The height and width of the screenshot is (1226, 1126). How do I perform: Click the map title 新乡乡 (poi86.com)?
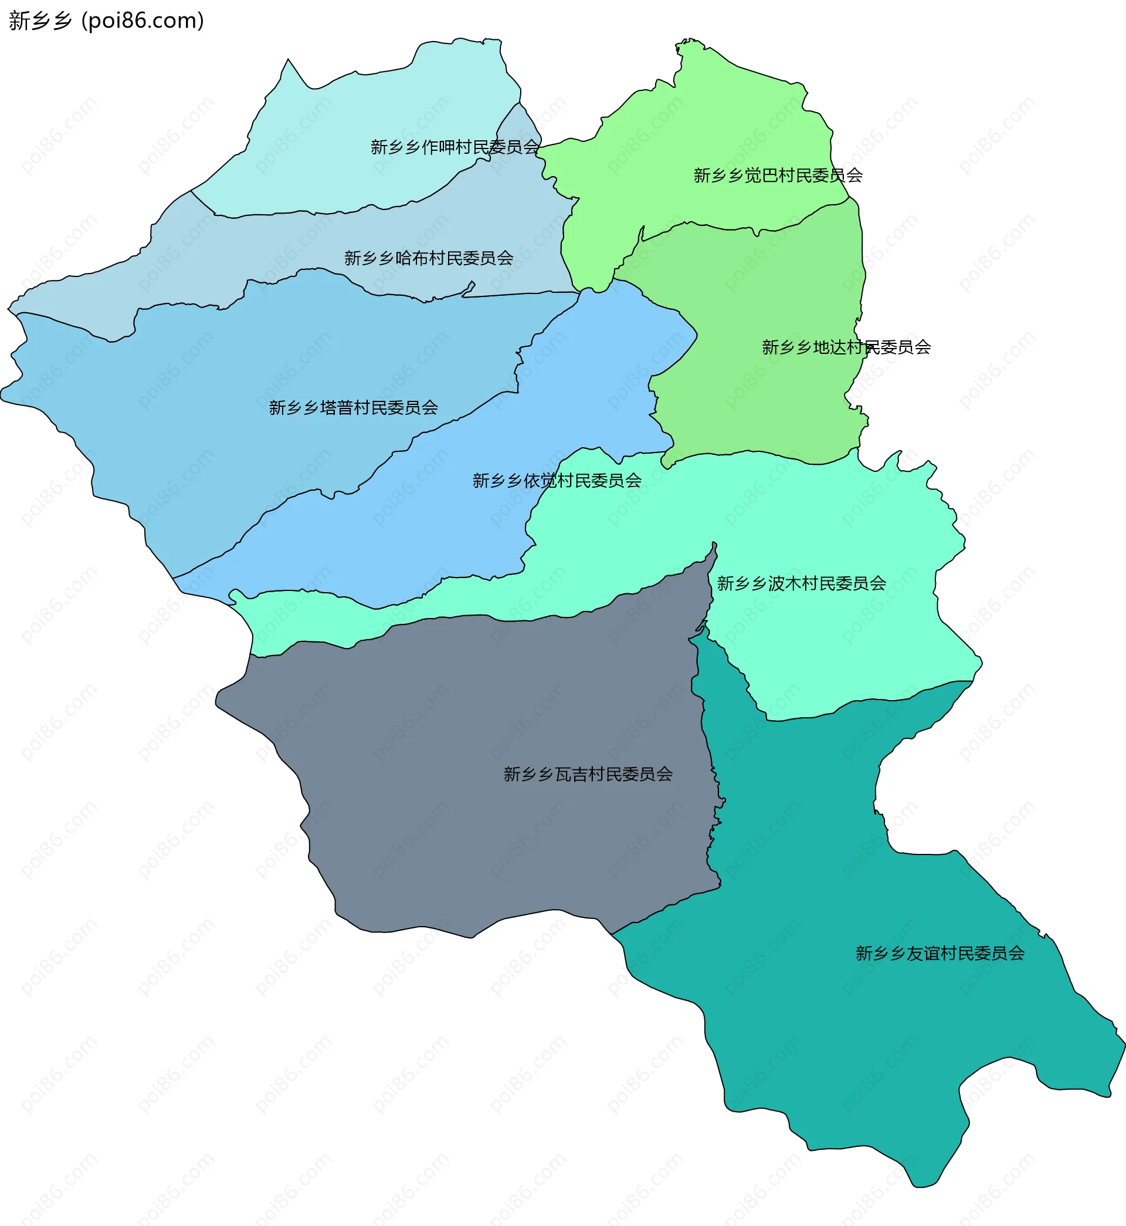coord(106,21)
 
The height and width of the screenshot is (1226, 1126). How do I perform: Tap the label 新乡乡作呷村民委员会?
coord(455,147)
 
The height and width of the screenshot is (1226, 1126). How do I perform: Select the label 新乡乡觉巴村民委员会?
coord(778,175)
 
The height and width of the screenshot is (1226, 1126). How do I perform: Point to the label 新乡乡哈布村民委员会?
coord(428,258)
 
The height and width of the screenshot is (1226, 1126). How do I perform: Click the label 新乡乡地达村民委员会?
coord(846,347)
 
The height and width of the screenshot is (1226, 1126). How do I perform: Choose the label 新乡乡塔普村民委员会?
coord(354,408)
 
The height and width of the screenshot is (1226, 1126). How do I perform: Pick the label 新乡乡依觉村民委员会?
coord(557,481)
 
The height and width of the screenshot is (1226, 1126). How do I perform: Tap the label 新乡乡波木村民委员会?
coord(801,584)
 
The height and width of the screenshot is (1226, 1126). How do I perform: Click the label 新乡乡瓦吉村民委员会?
coord(588,774)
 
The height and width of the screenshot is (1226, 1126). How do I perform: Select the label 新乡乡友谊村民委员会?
coord(940,954)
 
